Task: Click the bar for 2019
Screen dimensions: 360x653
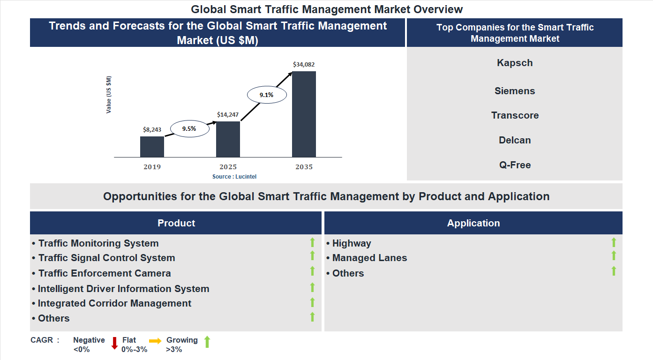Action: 152,147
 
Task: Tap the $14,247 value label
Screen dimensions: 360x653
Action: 228,114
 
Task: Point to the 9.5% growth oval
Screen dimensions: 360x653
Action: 189,128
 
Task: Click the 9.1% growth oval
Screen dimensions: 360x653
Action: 266,95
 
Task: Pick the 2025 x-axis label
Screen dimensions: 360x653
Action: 228,167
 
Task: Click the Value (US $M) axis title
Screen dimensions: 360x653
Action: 109,95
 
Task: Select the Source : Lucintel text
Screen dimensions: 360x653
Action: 234,177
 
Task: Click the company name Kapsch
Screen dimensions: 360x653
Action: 515,63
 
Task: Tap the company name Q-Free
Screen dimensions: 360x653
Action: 515,165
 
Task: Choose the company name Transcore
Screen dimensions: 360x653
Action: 515,115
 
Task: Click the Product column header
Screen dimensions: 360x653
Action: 176,223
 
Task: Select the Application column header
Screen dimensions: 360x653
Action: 473,223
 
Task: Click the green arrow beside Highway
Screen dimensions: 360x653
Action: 614,242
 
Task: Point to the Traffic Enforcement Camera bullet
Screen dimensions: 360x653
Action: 104,273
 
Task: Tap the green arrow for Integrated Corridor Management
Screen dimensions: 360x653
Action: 312,302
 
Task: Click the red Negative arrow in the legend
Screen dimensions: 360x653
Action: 114,343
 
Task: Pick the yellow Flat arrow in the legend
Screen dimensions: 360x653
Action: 155,341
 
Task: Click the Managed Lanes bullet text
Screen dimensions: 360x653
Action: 369,258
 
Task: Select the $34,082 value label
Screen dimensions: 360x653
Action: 304,64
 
